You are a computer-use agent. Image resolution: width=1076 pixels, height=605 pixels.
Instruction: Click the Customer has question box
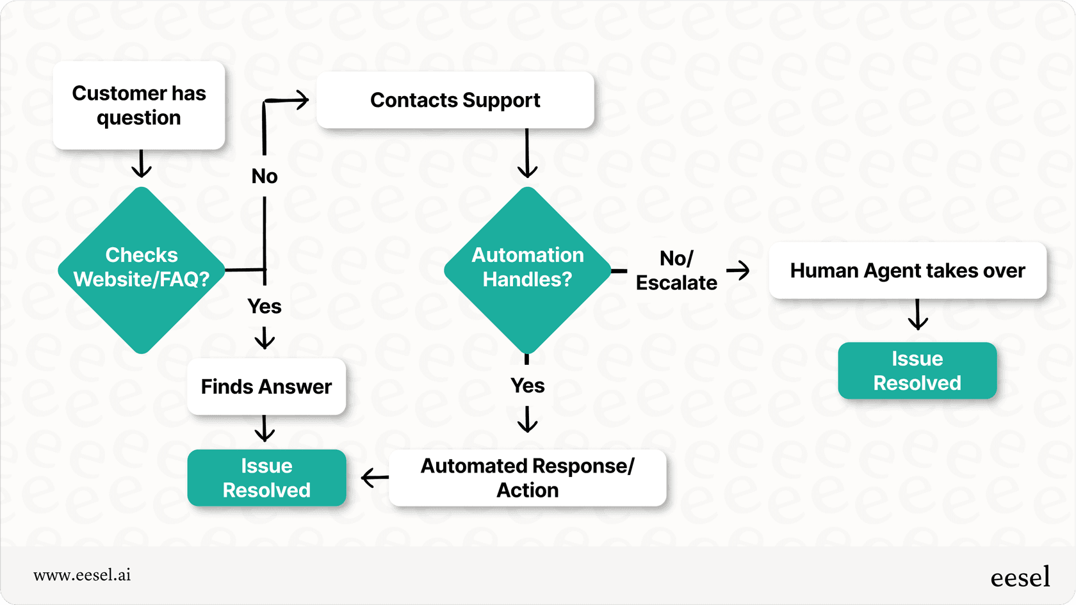pyautogui.click(x=139, y=106)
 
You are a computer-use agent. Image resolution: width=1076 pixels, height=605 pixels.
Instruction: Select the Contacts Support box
pyautogui.click(x=455, y=101)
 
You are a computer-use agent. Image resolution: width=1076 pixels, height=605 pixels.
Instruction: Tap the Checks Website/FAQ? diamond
pyautogui.click(x=142, y=270)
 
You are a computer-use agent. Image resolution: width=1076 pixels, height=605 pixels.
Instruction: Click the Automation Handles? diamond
pyautogui.click(x=527, y=270)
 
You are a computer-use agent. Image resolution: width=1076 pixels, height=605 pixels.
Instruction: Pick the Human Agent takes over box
pyautogui.click(x=907, y=271)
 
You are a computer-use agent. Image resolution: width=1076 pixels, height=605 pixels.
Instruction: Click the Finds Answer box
pyautogui.click(x=266, y=387)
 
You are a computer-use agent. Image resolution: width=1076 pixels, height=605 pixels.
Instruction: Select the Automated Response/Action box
pyautogui.click(x=527, y=478)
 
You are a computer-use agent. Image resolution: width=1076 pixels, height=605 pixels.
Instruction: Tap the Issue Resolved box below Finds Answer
pyautogui.click(x=266, y=478)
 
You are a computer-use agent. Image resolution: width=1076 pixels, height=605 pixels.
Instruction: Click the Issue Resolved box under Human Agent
pyautogui.click(x=917, y=371)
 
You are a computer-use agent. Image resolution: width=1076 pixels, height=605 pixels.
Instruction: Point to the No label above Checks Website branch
pyautogui.click(x=265, y=176)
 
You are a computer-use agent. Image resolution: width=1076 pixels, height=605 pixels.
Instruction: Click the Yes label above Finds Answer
pyautogui.click(x=265, y=307)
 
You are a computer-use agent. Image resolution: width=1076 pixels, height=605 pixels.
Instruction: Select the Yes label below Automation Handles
pyautogui.click(x=527, y=385)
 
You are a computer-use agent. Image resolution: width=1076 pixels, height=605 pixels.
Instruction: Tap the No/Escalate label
pyautogui.click(x=676, y=271)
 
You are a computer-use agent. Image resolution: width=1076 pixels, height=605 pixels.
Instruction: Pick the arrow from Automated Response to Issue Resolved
pyautogui.click(x=375, y=478)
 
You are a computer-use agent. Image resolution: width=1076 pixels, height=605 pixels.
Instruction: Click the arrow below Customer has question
pyautogui.click(x=142, y=165)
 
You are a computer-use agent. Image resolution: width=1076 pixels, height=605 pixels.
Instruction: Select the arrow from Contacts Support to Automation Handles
pyautogui.click(x=527, y=154)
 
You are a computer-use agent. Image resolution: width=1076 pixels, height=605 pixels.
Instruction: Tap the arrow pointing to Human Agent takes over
pyautogui.click(x=738, y=270)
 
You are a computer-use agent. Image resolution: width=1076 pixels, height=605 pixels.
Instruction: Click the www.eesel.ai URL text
pyautogui.click(x=82, y=575)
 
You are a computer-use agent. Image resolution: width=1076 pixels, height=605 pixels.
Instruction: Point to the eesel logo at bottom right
pyautogui.click(x=1020, y=577)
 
